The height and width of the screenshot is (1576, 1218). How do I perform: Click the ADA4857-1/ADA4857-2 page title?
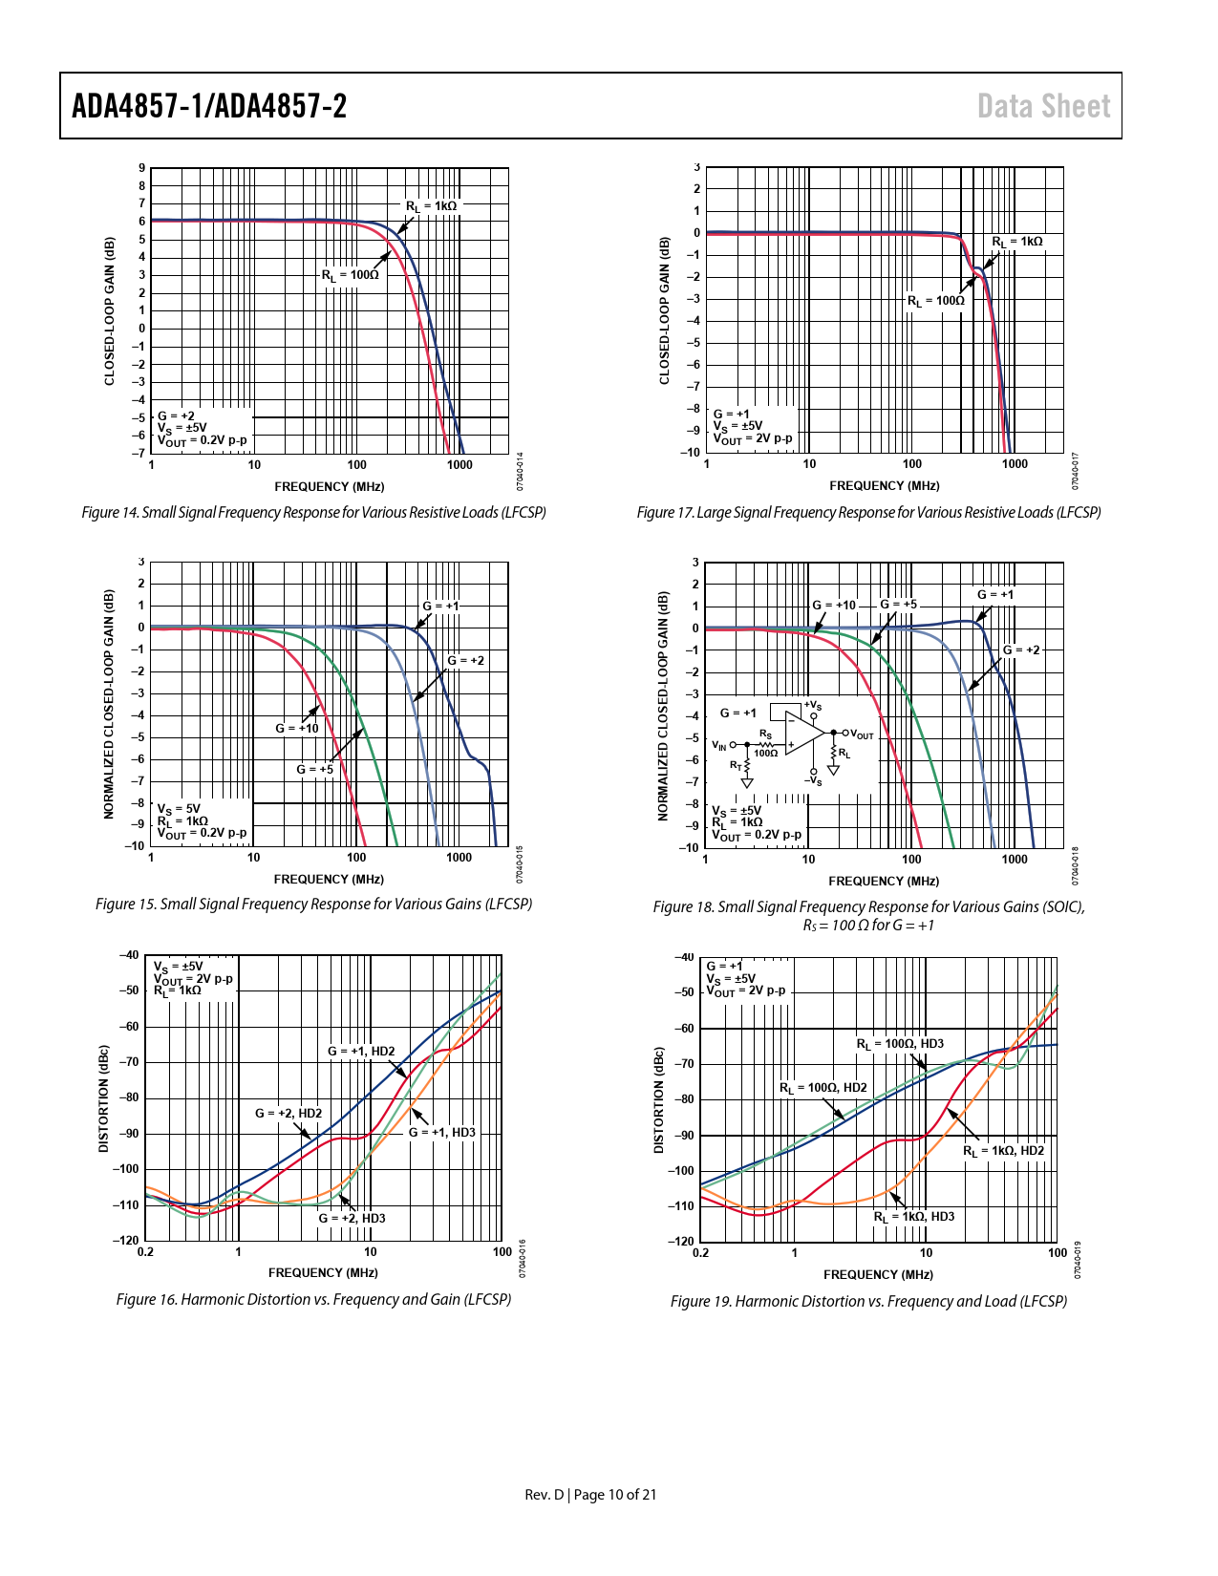(209, 106)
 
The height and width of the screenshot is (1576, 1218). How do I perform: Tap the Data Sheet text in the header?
(1043, 106)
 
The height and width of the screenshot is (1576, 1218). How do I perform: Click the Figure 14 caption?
(313, 513)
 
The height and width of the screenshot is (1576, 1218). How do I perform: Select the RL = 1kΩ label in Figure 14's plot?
(431, 206)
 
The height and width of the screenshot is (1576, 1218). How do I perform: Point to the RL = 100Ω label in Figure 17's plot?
(935, 301)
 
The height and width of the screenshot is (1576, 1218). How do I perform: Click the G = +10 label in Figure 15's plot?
(297, 728)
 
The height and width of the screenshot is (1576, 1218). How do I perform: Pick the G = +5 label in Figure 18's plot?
(898, 605)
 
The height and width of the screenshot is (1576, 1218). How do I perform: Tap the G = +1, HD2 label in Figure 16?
(361, 1051)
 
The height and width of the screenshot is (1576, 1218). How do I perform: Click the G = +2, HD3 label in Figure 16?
(352, 1218)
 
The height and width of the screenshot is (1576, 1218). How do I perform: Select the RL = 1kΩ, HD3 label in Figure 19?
(913, 1217)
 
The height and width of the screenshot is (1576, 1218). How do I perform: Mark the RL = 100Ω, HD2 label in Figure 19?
(823, 1088)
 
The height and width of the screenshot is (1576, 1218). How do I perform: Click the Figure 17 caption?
(868, 513)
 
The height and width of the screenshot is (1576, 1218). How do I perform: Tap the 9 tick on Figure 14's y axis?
(142, 168)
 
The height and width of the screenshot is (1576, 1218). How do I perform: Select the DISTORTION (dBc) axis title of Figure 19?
(658, 1100)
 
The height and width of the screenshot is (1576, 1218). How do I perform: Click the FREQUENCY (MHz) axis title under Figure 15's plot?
(329, 879)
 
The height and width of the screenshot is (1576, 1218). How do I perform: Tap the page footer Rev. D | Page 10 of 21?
(590, 1494)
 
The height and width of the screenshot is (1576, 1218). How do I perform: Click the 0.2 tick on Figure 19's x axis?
(700, 1253)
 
